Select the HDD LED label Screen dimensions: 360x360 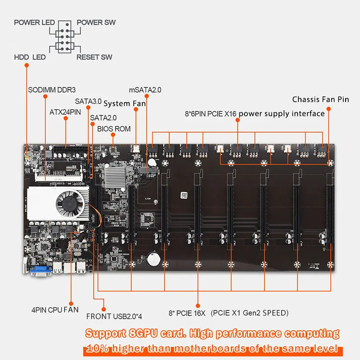tap(30, 57)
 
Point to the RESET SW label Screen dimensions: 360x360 tap(94, 57)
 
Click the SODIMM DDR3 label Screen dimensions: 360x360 tap(52, 90)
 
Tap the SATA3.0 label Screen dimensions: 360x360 tap(88, 102)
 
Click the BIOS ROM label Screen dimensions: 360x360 tap(114, 129)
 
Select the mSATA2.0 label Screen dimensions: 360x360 tap(145, 90)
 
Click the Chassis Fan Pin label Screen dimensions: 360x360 tap(320, 99)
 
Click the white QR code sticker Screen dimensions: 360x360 tap(183, 195)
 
